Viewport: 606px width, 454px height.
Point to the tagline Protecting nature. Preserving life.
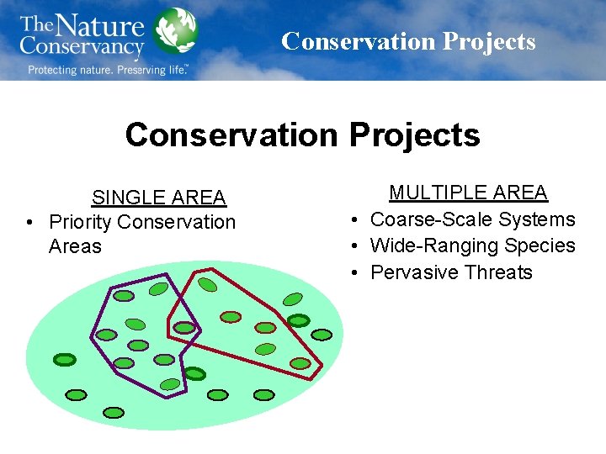pyautogui.click(x=107, y=70)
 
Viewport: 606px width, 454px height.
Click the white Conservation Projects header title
pyautogui.click(x=408, y=41)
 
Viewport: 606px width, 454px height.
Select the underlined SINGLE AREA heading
pyautogui.click(x=158, y=198)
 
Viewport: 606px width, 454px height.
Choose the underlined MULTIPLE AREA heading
pyautogui.click(x=468, y=193)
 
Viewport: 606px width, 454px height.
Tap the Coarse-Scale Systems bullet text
pyautogui.click(x=472, y=219)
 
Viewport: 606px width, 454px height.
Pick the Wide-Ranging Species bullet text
pyautogui.click(x=472, y=245)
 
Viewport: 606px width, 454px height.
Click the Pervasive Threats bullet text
pyautogui.click(x=451, y=272)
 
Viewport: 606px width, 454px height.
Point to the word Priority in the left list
pyautogui.click(x=82, y=222)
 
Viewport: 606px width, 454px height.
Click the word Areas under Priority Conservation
pyautogui.click(x=75, y=246)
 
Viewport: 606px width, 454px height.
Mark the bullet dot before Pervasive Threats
pyautogui.click(x=357, y=272)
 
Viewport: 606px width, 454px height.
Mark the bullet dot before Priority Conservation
pyautogui.click(x=29, y=222)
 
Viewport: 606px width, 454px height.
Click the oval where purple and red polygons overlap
pyautogui.click(x=181, y=327)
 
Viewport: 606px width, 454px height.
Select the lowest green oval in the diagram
pyautogui.click(x=112, y=412)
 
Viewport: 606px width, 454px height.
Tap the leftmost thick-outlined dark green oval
pyautogui.click(x=65, y=360)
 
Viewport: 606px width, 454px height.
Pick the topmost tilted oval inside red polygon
pyautogui.click(x=208, y=285)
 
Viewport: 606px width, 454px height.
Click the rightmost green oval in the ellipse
pyautogui.click(x=322, y=335)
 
